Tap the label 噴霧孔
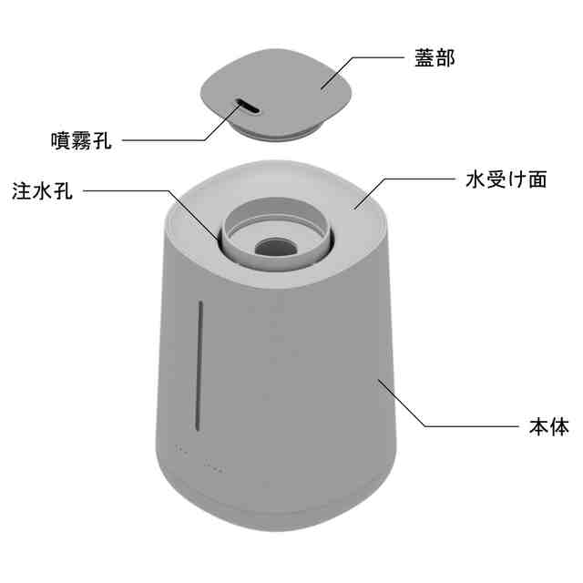(x=81, y=141)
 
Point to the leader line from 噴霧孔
(x=164, y=141)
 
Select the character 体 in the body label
(x=560, y=426)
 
